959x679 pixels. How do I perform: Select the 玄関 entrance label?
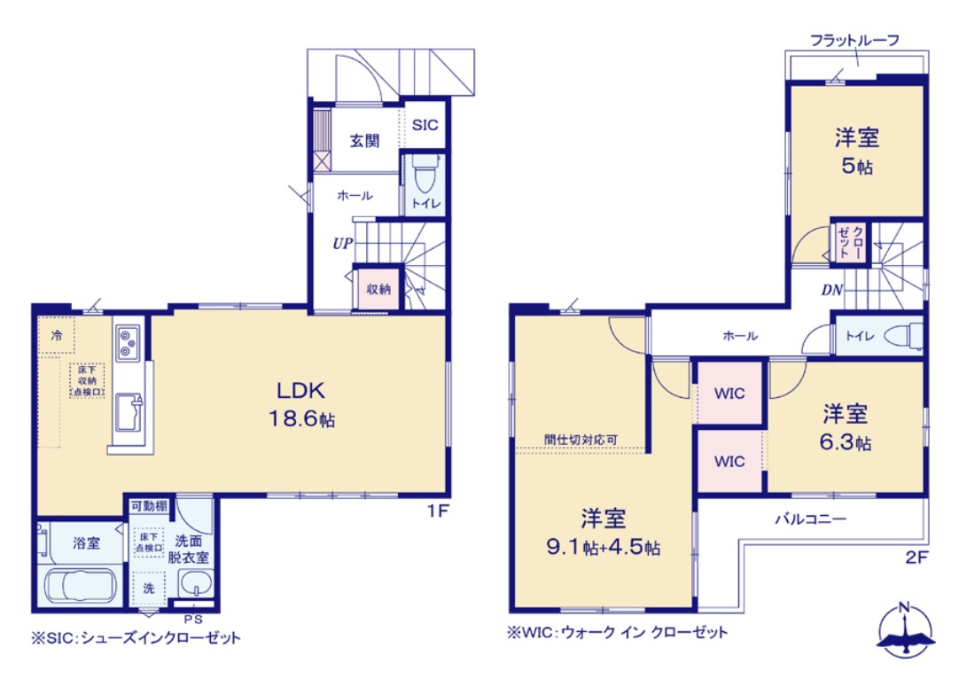[x=363, y=141]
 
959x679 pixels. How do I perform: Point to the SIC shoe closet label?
[x=425, y=125]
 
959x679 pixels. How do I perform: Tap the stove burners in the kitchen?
[x=128, y=341]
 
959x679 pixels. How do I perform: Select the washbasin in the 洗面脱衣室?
[x=194, y=586]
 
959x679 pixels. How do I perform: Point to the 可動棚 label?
[x=147, y=505]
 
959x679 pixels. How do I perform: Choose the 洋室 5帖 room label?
[x=856, y=151]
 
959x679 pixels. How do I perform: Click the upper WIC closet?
[x=729, y=393]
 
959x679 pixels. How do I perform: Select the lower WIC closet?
[x=729, y=461]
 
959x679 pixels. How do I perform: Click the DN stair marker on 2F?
[x=831, y=289]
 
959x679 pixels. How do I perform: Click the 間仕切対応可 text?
[x=581, y=439]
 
